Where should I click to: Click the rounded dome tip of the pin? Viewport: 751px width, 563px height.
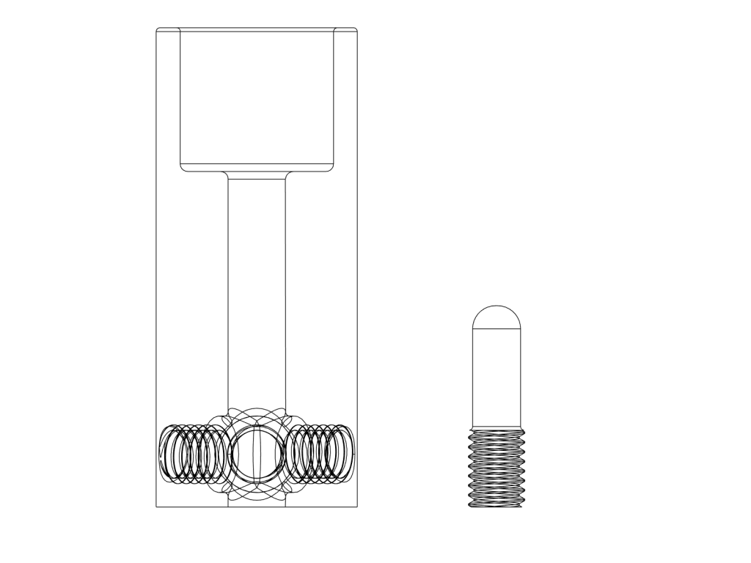497,317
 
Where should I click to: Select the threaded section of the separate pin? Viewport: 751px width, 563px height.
497,468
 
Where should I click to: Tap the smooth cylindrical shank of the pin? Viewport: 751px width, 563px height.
497,378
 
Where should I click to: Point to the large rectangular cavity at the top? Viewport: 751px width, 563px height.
257,95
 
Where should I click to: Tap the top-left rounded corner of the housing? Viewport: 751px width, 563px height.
158,30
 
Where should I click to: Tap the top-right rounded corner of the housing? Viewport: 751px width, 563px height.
355,30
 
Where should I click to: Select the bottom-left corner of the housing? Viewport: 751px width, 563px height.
157,506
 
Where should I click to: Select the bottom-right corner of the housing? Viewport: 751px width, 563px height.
357,506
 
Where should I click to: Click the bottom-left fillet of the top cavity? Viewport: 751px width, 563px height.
184,167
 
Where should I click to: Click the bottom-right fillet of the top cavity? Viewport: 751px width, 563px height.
330,167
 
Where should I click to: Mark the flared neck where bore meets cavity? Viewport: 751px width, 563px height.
257,176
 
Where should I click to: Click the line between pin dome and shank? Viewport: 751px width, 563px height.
497,330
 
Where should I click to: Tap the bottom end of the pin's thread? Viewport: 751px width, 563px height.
497,506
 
